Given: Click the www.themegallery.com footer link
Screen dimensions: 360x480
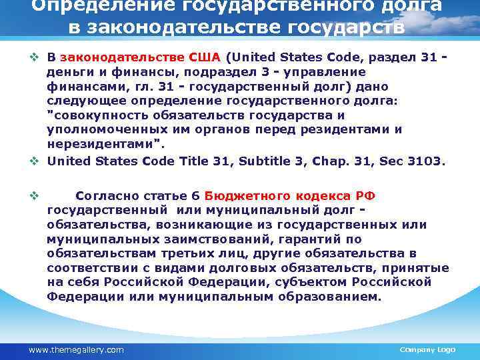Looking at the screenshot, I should click(x=76, y=349).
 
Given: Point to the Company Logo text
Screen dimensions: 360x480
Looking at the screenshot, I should click(x=427, y=349).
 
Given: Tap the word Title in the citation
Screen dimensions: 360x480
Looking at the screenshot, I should click(x=157, y=161).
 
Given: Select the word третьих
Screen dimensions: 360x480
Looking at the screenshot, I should click(x=185, y=254).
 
